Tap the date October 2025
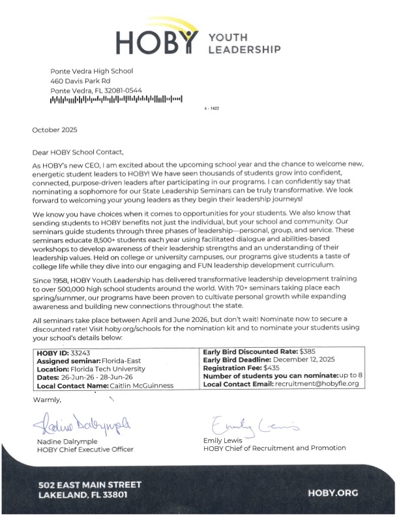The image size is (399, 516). click(55, 130)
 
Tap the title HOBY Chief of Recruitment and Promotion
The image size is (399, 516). click(274, 448)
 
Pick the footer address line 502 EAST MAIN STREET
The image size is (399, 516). click(89, 485)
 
